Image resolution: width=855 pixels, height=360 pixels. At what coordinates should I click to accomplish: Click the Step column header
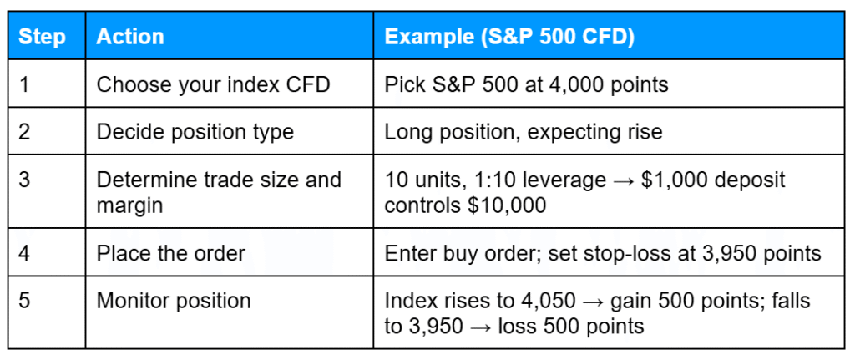tap(42, 38)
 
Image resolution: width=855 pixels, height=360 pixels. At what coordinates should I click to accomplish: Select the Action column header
tap(130, 38)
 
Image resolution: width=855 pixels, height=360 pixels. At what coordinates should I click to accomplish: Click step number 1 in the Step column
tap(23, 84)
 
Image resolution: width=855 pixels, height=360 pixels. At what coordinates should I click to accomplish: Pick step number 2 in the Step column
tap(23, 131)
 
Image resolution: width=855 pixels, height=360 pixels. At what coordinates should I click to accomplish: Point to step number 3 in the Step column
tap(23, 180)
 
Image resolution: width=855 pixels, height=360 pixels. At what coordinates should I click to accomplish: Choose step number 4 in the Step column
tap(23, 252)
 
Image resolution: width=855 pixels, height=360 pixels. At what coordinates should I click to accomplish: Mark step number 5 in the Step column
tap(23, 301)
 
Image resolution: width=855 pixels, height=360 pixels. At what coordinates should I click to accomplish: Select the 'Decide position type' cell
tap(195, 131)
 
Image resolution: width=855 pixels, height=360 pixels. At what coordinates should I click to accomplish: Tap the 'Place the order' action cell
tap(170, 252)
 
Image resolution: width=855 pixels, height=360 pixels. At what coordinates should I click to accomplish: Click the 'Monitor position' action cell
tap(174, 301)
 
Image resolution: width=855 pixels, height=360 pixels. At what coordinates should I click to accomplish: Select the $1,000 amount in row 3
tap(670, 180)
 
